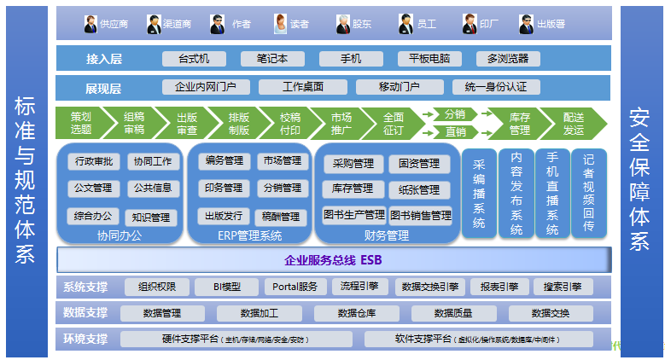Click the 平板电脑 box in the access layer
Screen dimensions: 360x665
pyautogui.click(x=429, y=59)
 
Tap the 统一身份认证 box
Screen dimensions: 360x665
pyautogui.click(x=496, y=87)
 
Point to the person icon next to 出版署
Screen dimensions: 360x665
pyautogui.click(x=527, y=23)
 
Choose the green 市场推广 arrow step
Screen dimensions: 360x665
pyautogui.click(x=341, y=124)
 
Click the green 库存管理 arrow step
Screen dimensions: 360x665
pyautogui.click(x=519, y=124)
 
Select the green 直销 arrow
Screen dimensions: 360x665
pyautogui.click(x=455, y=131)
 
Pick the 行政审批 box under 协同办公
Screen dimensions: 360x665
pyautogui.click(x=93, y=160)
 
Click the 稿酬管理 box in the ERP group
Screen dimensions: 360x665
pyautogui.click(x=281, y=217)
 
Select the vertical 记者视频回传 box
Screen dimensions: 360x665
pyautogui.click(x=588, y=194)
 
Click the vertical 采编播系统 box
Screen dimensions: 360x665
pyautogui.click(x=478, y=194)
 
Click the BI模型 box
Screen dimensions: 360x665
pyautogui.click(x=227, y=287)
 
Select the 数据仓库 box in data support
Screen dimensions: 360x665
pyautogui.click(x=358, y=313)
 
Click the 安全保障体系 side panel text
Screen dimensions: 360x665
pyautogui.click(x=640, y=179)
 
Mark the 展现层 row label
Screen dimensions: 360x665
pyautogui.click(x=103, y=88)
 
